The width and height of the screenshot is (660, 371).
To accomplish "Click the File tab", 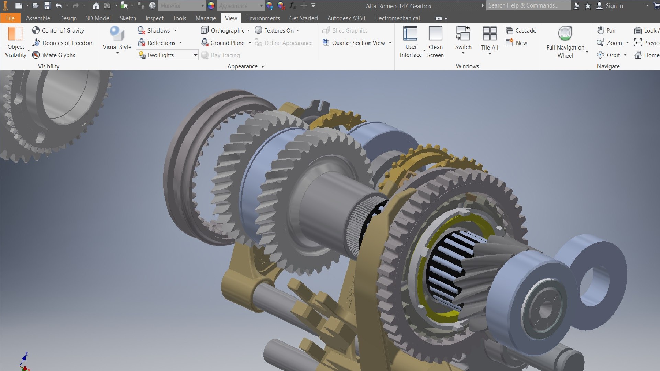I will pyautogui.click(x=10, y=18).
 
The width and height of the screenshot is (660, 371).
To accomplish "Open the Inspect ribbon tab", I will pyautogui.click(x=154, y=18).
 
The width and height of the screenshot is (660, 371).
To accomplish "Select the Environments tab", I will pyautogui.click(x=263, y=18).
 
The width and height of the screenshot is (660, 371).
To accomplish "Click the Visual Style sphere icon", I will pyautogui.click(x=117, y=34).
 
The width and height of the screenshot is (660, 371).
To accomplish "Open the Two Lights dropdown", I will pyautogui.click(x=195, y=55).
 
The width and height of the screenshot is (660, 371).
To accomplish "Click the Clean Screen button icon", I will pyautogui.click(x=435, y=34).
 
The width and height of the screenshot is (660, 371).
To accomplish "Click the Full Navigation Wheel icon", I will pyautogui.click(x=565, y=34).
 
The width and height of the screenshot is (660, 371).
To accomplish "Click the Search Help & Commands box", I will pyautogui.click(x=528, y=5).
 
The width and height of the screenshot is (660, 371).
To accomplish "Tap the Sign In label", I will pyautogui.click(x=614, y=6).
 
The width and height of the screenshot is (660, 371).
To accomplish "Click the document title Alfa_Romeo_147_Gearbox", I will pyautogui.click(x=398, y=6).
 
